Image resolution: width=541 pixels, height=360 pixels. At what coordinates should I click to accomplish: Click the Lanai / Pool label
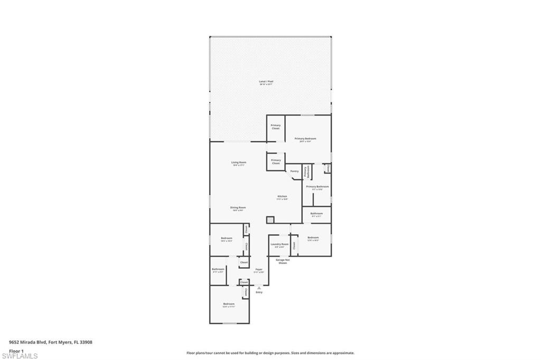[266, 82]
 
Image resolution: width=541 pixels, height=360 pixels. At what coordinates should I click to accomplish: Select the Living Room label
[239, 163]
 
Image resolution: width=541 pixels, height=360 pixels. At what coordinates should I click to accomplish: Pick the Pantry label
[295, 171]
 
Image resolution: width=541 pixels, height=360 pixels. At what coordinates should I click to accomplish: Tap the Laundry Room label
[279, 245]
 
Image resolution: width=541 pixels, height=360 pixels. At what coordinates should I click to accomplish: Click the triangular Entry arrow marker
[259, 288]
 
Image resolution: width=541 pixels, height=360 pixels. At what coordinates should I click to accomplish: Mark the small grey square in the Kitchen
[270, 219]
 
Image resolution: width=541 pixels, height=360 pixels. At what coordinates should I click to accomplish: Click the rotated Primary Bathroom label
[305, 172]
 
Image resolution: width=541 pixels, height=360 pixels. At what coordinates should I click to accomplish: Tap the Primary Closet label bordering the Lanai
[276, 127]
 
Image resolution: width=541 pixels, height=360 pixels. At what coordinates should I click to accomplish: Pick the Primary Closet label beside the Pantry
[276, 162]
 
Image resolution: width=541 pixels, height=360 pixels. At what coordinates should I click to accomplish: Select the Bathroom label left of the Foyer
[218, 270]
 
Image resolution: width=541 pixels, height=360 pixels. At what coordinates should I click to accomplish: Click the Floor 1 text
[16, 350]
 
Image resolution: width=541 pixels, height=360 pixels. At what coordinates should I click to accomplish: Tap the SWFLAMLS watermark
[19, 356]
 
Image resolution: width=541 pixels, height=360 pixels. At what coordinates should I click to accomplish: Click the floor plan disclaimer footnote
[270, 353]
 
